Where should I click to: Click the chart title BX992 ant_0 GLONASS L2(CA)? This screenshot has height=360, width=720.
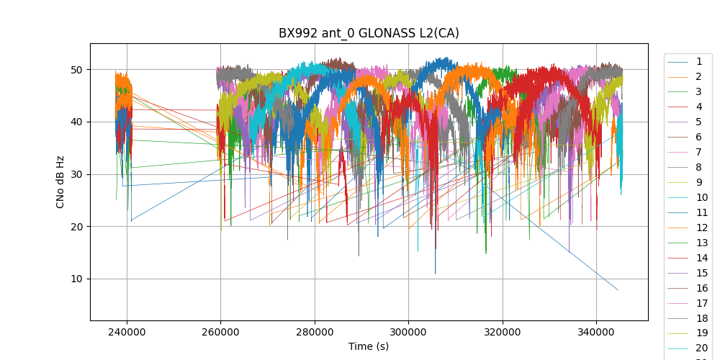[369, 33]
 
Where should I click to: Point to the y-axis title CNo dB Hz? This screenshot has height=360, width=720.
[60, 182]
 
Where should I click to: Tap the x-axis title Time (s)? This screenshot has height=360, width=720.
[369, 346]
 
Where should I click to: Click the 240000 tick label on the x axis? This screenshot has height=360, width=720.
[127, 331]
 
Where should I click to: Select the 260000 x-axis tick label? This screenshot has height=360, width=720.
[221, 331]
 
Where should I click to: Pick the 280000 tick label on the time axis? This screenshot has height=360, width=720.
[315, 331]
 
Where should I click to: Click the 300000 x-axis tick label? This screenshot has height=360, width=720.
[408, 331]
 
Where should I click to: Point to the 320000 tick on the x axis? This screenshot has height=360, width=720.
[503, 331]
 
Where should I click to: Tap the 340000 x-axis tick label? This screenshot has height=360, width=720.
[596, 331]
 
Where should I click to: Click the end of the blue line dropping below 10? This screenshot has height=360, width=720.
[618, 290]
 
